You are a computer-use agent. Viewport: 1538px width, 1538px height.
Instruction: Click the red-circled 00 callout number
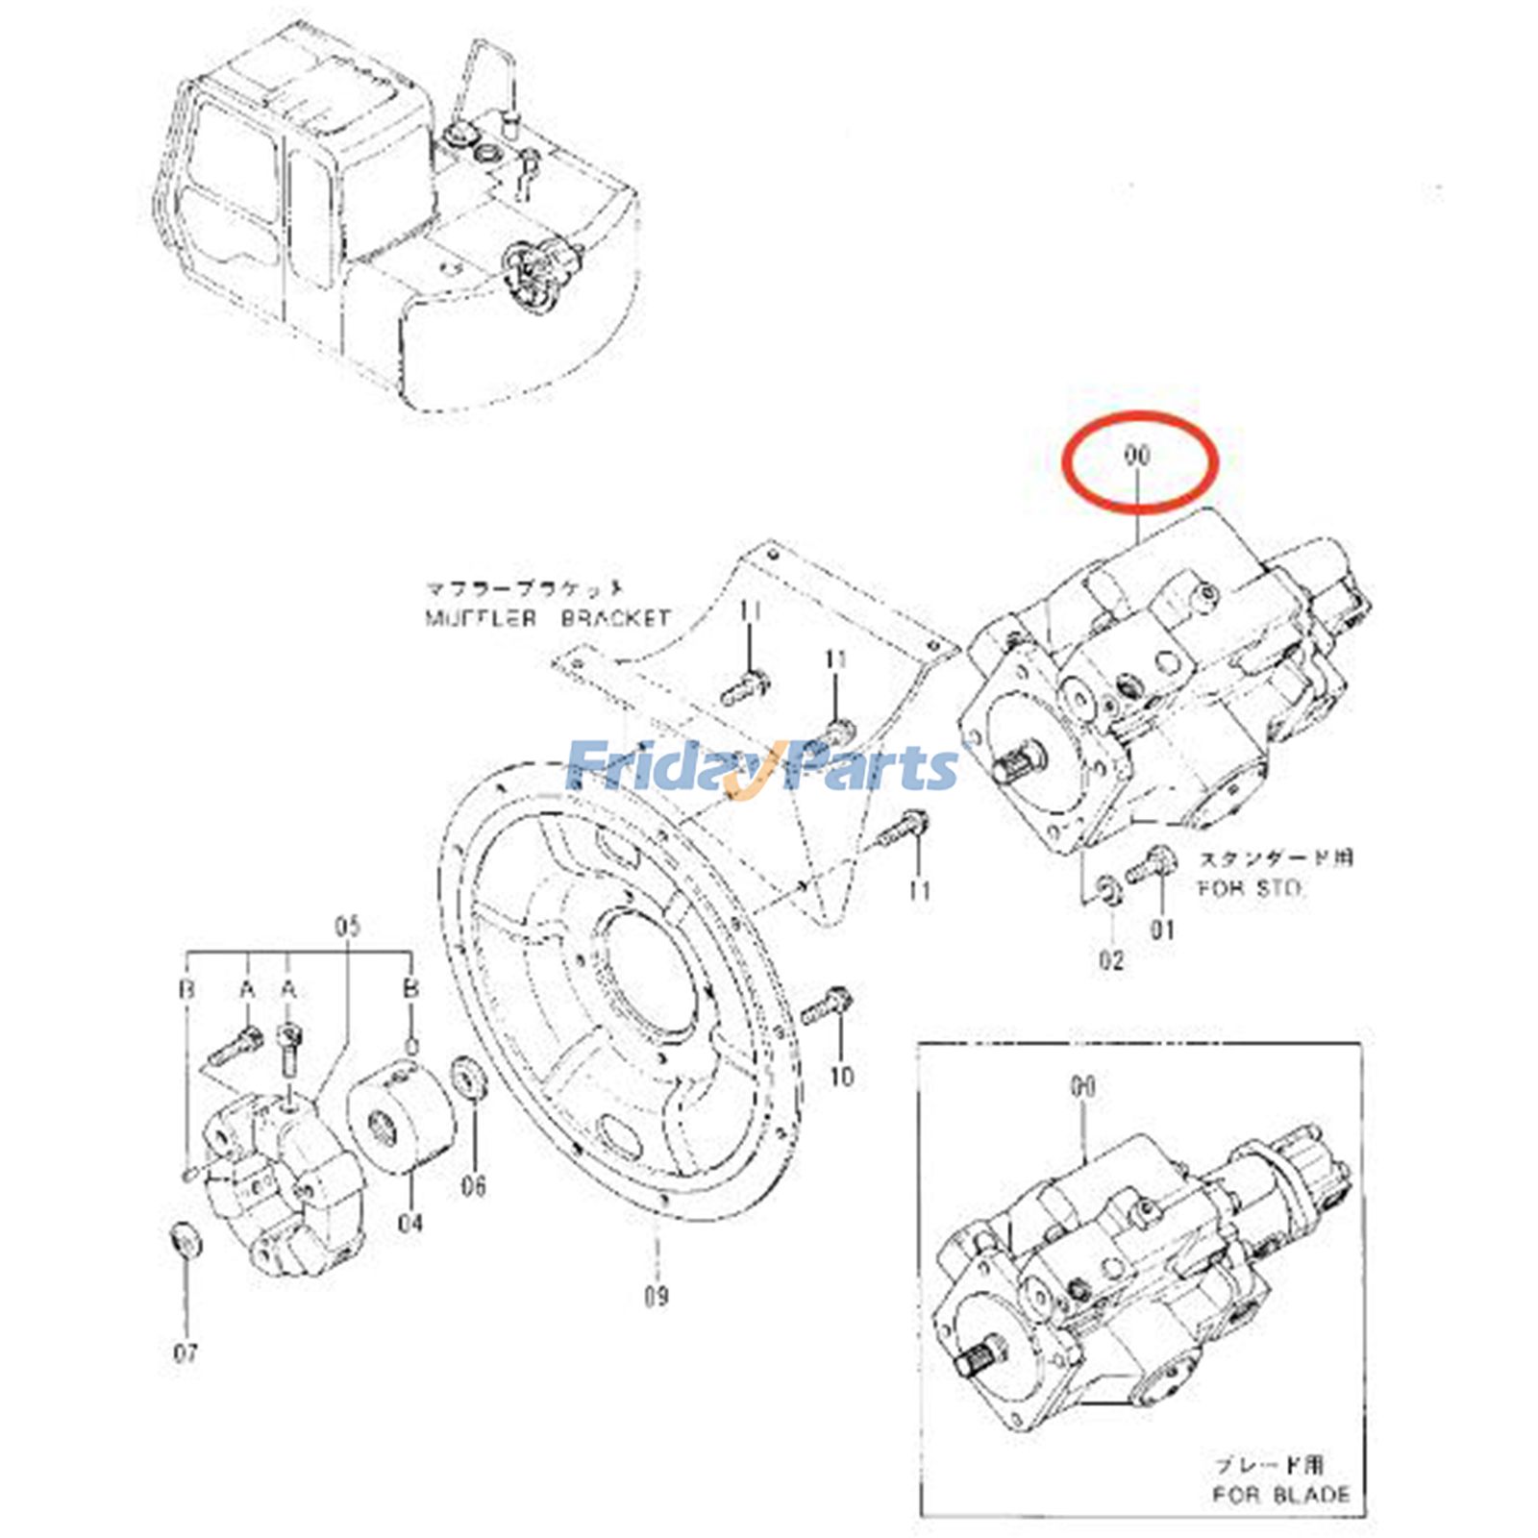1136,456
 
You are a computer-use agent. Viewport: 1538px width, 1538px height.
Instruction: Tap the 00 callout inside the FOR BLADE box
1082,1087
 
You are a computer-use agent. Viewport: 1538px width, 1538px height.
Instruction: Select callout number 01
1163,930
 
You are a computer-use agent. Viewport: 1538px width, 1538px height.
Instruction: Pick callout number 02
1111,959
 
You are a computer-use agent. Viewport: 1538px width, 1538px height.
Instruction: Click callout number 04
410,1223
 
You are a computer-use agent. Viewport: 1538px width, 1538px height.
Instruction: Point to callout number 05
347,927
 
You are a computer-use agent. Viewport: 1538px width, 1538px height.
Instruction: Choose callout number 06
473,1186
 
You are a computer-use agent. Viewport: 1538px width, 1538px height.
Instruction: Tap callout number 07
186,1353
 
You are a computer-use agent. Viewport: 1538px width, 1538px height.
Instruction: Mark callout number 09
656,1297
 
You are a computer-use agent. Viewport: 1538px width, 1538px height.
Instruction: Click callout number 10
841,1076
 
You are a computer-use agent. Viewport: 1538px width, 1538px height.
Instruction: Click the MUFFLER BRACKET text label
548,617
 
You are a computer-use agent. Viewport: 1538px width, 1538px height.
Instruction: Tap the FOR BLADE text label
1279,1495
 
